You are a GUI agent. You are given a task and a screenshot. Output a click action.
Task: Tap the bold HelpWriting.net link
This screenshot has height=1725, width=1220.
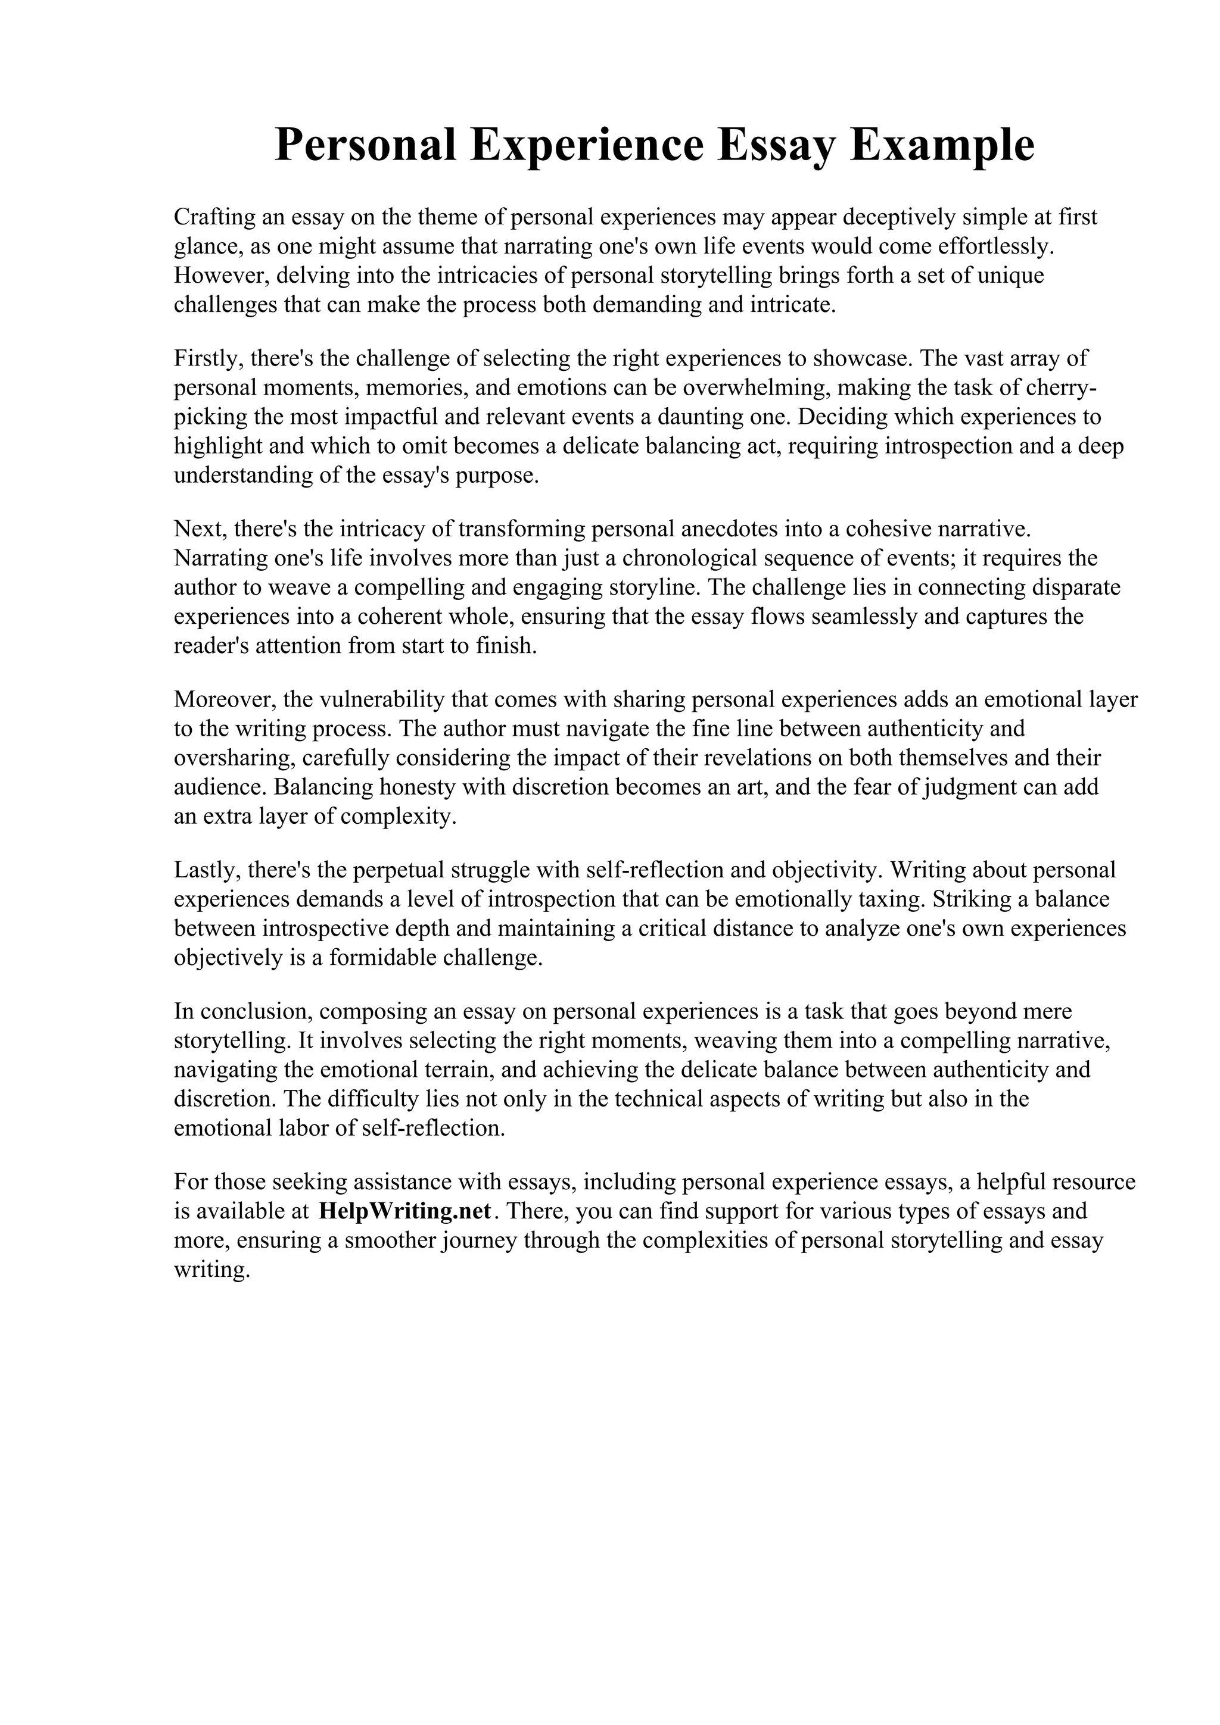pos(405,1211)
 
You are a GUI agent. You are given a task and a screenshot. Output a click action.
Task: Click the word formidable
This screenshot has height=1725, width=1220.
pos(381,958)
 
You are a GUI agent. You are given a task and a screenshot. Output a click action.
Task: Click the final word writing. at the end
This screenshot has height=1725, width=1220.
pos(211,1270)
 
